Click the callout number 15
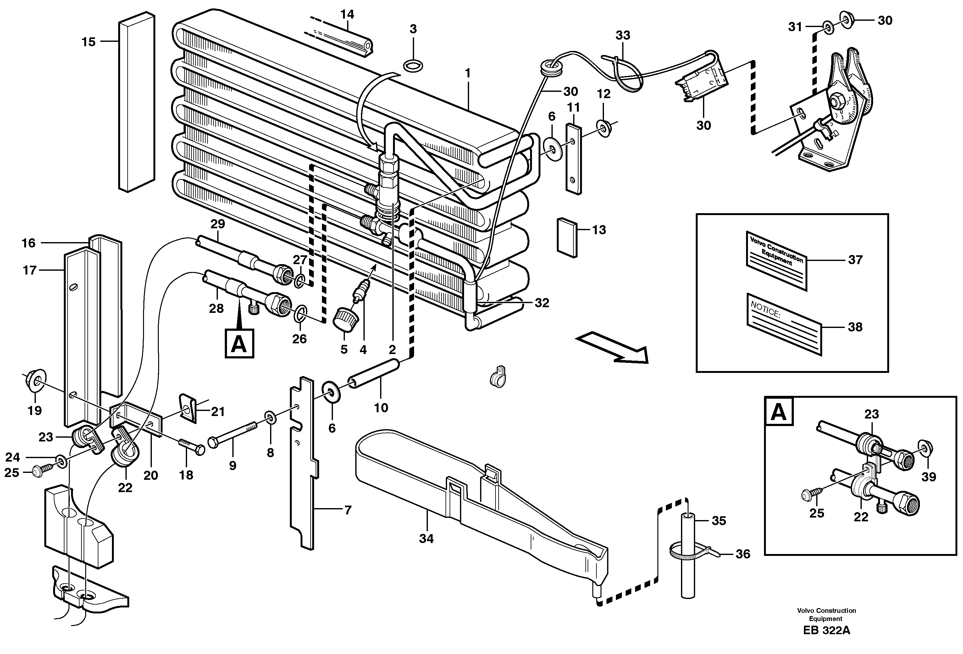tap(88, 42)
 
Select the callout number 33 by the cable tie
tap(623, 36)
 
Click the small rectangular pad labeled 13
tap(567, 238)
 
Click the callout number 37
tap(855, 260)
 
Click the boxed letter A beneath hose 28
tap(239, 344)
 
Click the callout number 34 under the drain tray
tap(426, 539)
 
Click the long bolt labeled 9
tap(232, 436)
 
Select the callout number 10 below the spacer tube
tap(381, 408)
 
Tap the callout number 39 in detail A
tap(929, 477)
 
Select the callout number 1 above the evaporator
tap(468, 73)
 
